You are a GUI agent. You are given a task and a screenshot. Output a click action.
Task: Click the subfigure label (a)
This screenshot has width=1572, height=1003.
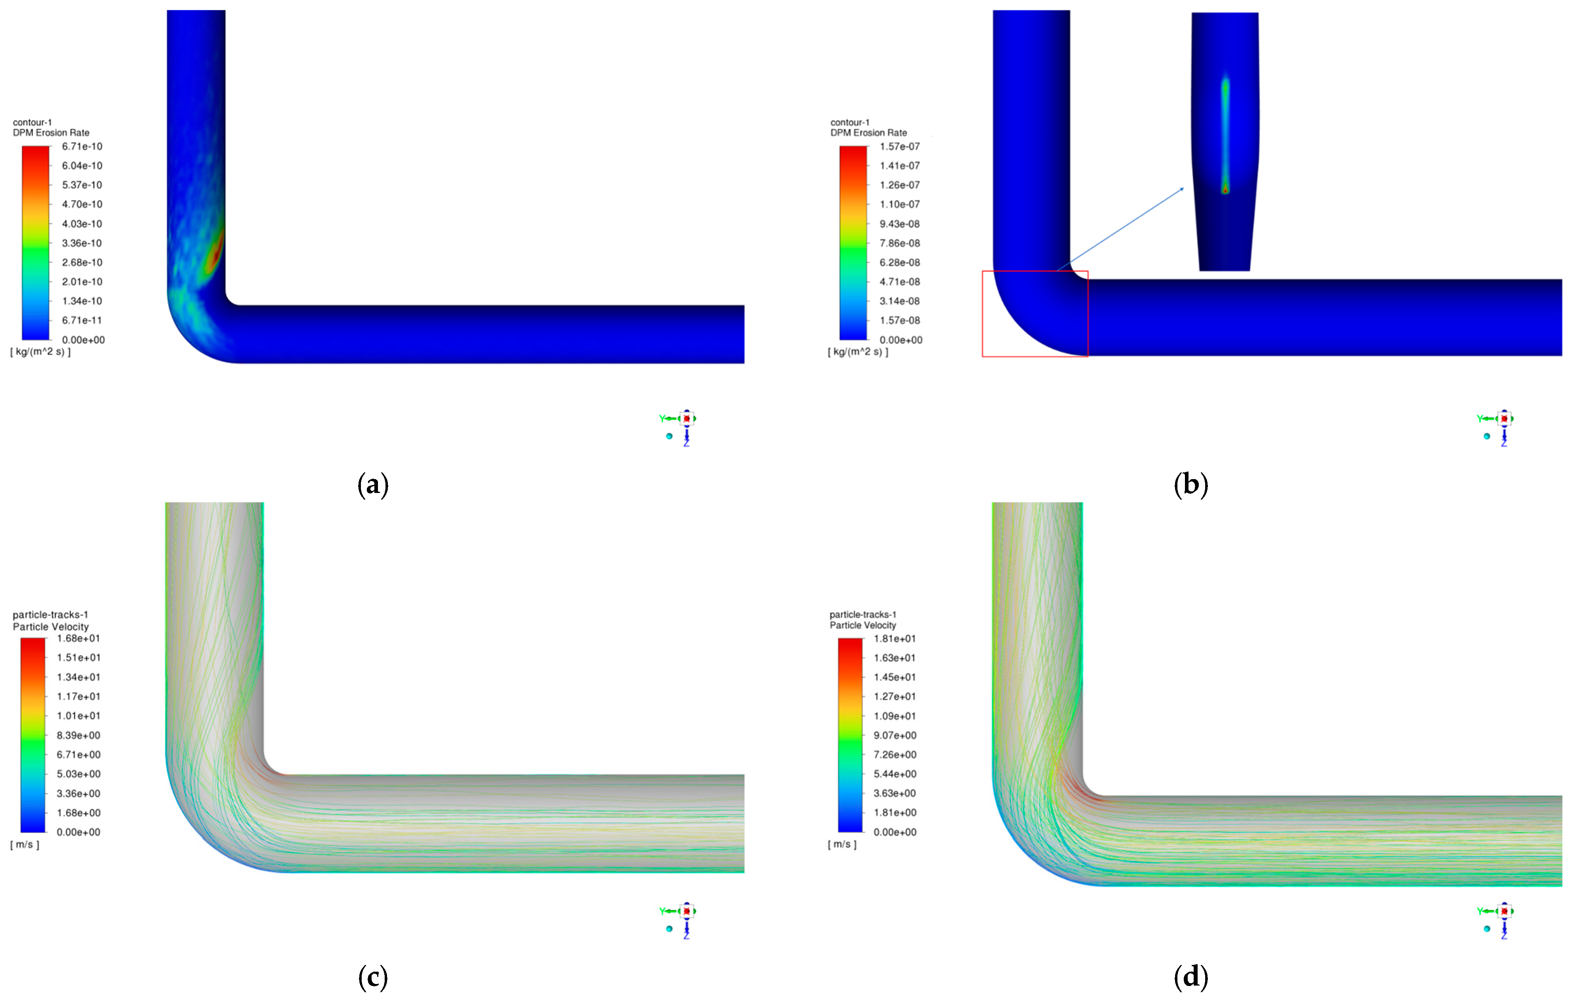pyautogui.click(x=373, y=485)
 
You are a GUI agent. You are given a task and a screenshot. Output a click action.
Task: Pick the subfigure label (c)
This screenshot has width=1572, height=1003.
pyautogui.click(x=373, y=978)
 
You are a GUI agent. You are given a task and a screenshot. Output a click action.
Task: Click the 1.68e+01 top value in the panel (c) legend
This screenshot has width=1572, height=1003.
pyautogui.click(x=78, y=638)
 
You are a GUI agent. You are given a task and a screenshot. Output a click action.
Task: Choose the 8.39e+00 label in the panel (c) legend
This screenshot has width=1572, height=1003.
pyautogui.click(x=78, y=735)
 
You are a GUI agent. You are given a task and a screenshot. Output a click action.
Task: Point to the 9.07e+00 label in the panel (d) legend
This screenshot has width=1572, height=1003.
pyautogui.click(x=895, y=735)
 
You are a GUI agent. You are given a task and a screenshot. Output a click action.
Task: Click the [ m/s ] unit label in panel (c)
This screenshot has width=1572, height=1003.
pyautogui.click(x=25, y=844)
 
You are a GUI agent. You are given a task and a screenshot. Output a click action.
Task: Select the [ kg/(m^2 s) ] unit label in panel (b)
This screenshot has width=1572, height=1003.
pyautogui.click(x=858, y=352)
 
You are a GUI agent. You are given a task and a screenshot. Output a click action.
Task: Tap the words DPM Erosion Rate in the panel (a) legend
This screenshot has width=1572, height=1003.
pyautogui.click(x=51, y=133)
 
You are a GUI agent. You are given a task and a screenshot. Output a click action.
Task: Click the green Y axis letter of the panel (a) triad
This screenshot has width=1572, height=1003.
pyautogui.click(x=662, y=418)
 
